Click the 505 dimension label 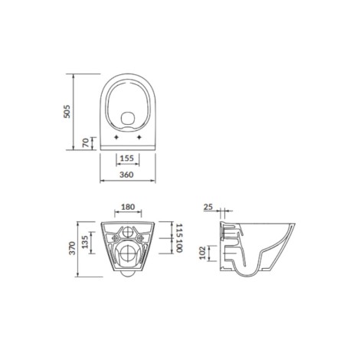pyautogui.click(x=67, y=111)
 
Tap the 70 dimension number pyautogui.click(x=86, y=142)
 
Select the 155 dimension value pyautogui.click(x=127, y=159)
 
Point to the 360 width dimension pyautogui.click(x=126, y=175)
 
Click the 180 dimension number pyautogui.click(x=128, y=207)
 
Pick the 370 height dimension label pyautogui.click(x=73, y=248)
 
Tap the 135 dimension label pyautogui.click(x=85, y=242)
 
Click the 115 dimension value pyautogui.click(x=179, y=230)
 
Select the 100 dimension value pyautogui.click(x=179, y=246)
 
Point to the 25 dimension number pyautogui.click(x=208, y=207)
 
